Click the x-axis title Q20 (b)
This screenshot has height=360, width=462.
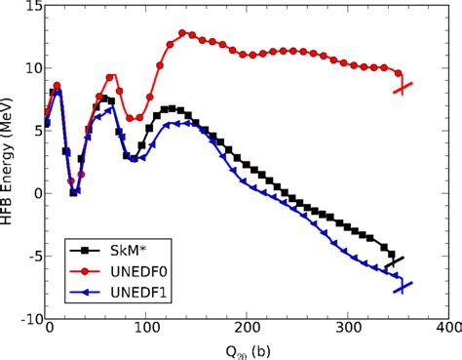pyautogui.click(x=246, y=348)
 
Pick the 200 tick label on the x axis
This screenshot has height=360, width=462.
pyautogui.click(x=248, y=332)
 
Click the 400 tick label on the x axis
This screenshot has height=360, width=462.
pyautogui.click(x=446, y=332)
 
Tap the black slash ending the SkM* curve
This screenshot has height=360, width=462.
pyautogui.click(x=394, y=261)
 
